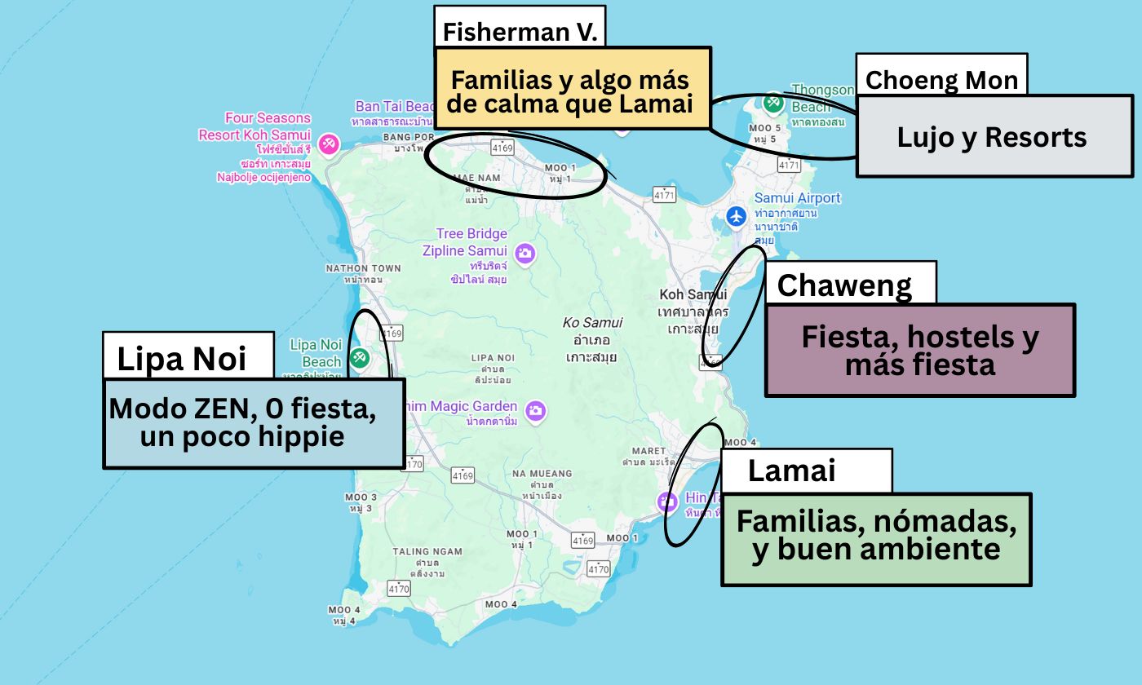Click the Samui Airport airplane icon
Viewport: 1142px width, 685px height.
737,216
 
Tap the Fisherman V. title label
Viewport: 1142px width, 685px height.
520,32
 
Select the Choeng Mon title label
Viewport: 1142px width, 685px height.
941,80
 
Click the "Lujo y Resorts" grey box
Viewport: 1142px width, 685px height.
993,136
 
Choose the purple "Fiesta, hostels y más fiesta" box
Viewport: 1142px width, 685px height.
919,351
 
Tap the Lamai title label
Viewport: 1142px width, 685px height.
791,471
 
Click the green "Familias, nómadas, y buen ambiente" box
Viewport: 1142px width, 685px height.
876,538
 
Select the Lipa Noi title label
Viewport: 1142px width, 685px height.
181,358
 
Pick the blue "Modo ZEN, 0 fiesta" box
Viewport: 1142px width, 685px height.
243,422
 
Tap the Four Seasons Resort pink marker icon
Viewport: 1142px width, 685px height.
329,144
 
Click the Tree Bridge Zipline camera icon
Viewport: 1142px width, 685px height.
525,253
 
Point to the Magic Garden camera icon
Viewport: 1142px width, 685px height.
535,409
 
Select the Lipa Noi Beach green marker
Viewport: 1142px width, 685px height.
359,356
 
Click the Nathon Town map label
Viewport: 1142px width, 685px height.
363,268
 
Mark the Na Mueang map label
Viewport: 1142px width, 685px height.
542,474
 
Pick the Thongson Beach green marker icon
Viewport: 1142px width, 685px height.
773,103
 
